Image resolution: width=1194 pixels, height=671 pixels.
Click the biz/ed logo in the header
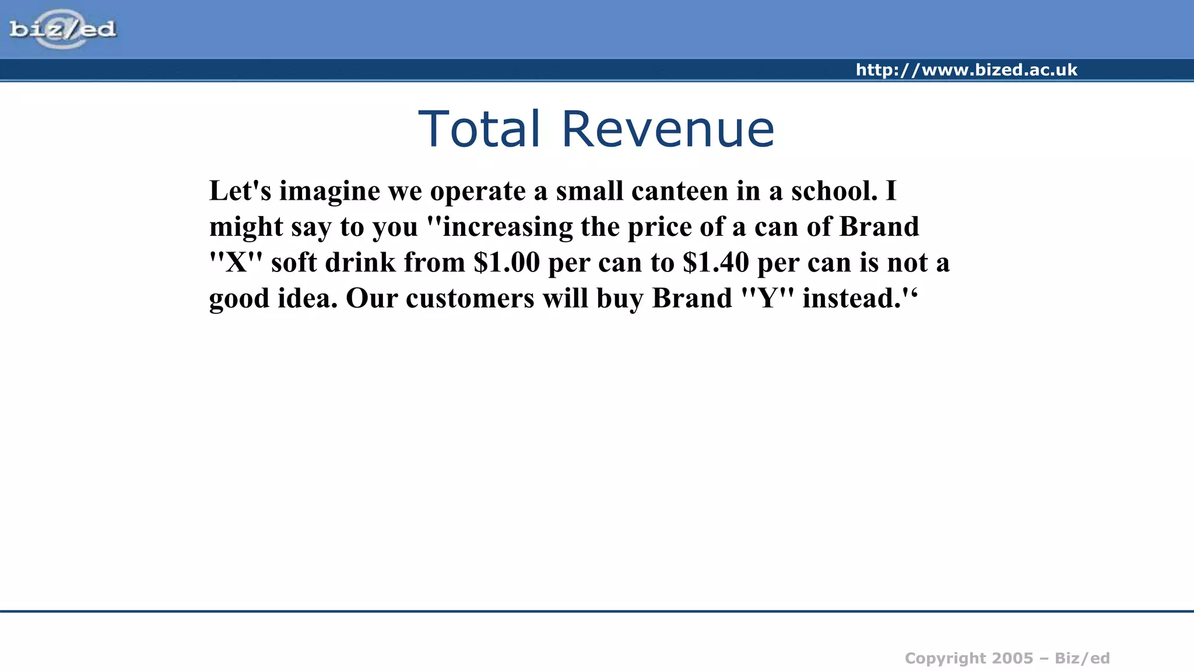click(x=63, y=29)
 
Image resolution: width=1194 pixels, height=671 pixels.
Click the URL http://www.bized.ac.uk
click(x=966, y=70)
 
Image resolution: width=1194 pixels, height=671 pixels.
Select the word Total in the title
click(x=479, y=129)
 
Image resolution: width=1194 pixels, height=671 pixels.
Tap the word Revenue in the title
click(x=668, y=129)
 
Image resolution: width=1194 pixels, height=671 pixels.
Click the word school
click(x=833, y=191)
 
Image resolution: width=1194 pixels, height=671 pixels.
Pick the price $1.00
click(x=507, y=262)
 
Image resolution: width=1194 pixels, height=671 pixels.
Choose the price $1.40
click(x=715, y=262)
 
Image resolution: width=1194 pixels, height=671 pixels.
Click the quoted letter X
click(x=236, y=262)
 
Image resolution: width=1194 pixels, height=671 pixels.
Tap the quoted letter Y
click(x=767, y=298)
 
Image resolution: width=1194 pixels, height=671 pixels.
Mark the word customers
click(x=470, y=298)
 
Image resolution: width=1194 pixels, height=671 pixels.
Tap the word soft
click(x=294, y=262)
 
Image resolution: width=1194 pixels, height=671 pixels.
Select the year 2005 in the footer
click(x=1012, y=658)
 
